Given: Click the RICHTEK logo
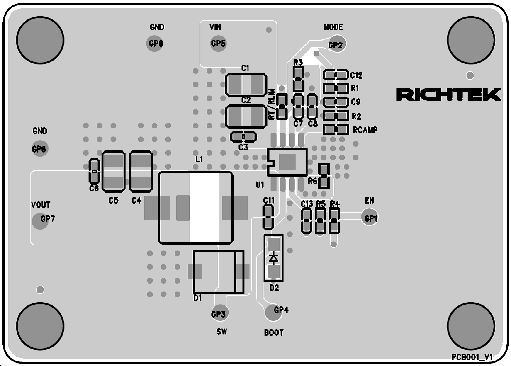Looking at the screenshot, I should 448,95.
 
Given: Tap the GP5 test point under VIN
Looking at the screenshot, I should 219,43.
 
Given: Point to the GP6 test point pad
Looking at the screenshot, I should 39,149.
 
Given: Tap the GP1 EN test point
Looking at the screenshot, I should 369,218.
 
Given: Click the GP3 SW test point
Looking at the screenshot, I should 218,314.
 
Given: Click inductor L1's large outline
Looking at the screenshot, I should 195,207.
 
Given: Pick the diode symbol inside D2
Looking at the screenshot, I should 273,257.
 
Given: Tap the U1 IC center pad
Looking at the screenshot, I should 287,162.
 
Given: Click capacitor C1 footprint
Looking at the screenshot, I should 246,85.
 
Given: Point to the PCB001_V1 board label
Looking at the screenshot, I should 472,357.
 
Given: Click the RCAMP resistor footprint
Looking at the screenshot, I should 335,129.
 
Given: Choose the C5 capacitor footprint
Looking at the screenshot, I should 113,172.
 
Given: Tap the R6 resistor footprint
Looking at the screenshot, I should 323,176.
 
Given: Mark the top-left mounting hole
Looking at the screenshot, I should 40,40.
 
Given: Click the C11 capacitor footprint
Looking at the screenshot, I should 268,217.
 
